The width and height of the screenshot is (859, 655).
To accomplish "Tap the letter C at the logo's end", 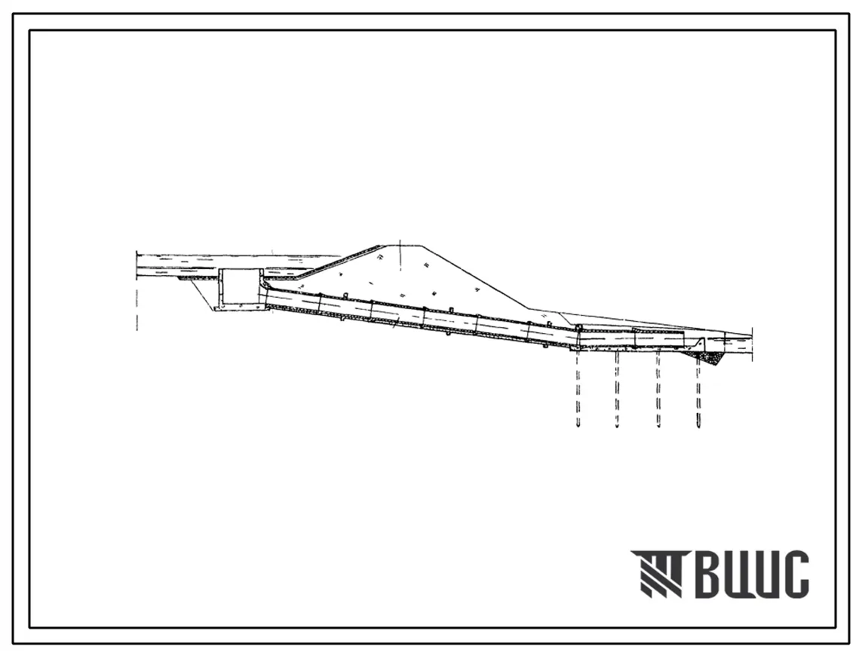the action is point(794,574).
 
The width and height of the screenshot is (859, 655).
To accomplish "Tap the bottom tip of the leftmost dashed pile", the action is point(577,427).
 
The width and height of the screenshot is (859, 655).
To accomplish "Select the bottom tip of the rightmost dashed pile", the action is point(698,427).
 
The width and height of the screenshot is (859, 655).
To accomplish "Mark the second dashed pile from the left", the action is point(618,389).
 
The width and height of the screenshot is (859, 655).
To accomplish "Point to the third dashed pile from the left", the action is point(658,389).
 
